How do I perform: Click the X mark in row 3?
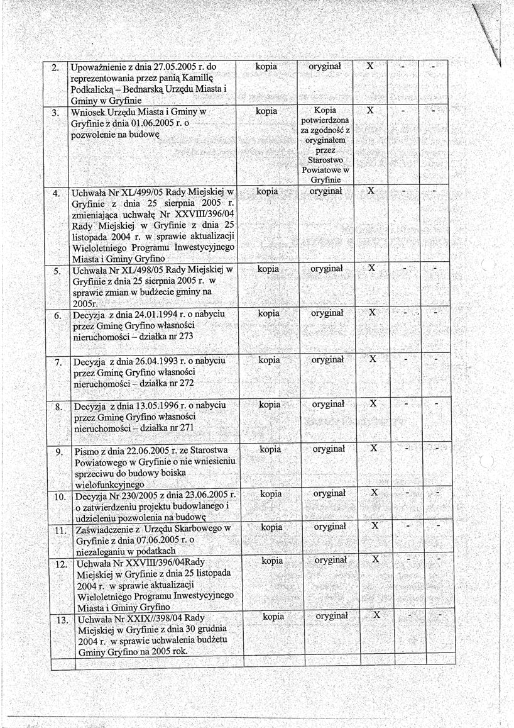pyautogui.click(x=370, y=110)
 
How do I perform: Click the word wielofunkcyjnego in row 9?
pyautogui.click(x=109, y=484)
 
